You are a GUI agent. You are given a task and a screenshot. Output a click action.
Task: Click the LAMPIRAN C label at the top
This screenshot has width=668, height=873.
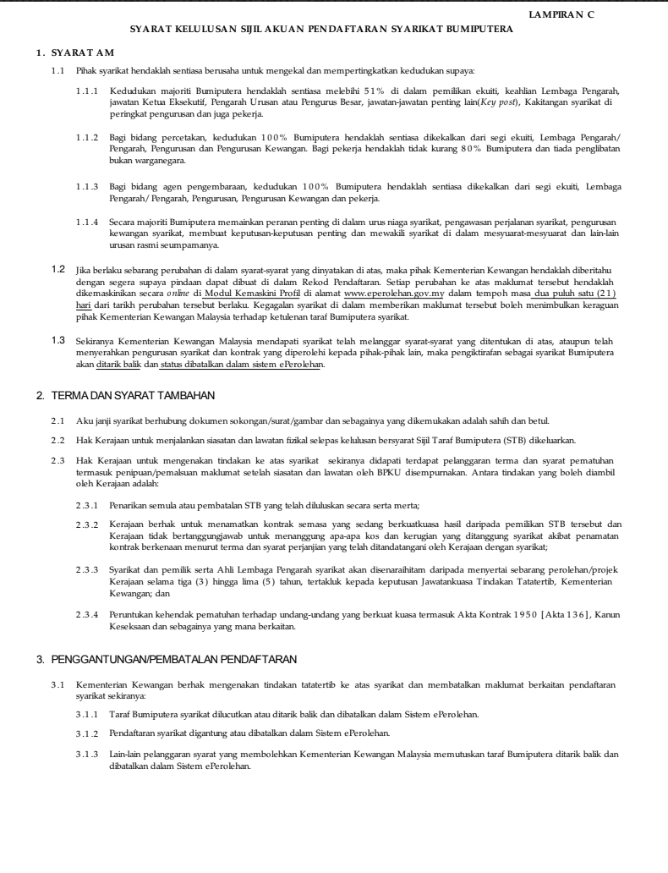coord(561,15)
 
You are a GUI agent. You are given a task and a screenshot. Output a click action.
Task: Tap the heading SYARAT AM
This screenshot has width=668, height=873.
coord(70,53)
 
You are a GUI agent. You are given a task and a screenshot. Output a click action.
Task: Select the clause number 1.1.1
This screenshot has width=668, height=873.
coord(88,89)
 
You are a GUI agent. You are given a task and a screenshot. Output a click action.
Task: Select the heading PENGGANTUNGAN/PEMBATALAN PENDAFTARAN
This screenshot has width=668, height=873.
coord(172,657)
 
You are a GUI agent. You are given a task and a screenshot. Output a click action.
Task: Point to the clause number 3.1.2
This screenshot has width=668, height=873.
coord(88,732)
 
